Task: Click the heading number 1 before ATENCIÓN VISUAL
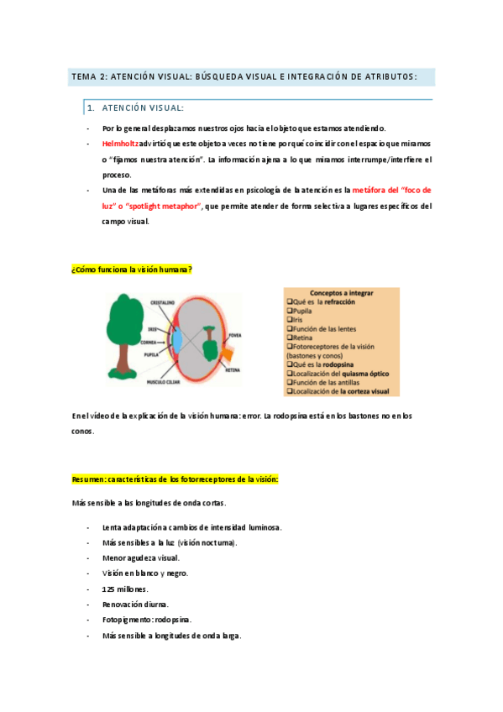(91, 108)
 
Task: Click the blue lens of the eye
(177, 339)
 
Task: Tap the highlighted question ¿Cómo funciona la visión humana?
(132, 269)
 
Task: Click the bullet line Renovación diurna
(135, 604)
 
